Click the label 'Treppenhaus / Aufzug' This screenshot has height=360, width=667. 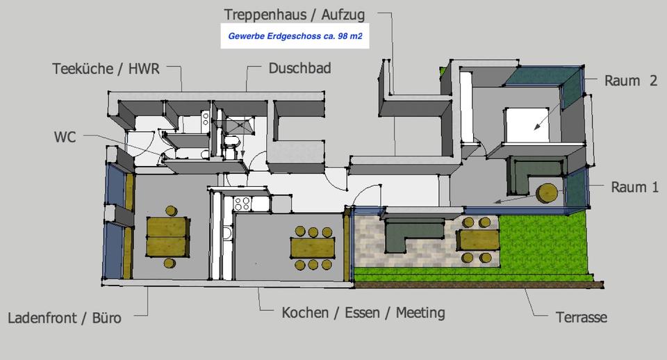(x=295, y=14)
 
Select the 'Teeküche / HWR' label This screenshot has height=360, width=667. (x=106, y=69)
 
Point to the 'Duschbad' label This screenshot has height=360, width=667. (x=299, y=68)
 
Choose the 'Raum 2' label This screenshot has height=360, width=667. (x=630, y=81)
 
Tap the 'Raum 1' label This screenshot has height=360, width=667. (x=634, y=187)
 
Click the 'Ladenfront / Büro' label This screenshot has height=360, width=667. (x=65, y=318)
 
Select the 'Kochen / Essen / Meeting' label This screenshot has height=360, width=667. (x=363, y=313)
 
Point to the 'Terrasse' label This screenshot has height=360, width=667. (x=581, y=318)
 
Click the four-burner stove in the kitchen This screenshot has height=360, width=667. (x=242, y=204)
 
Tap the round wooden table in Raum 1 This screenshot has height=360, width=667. (x=547, y=193)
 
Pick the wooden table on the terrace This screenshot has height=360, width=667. (x=479, y=240)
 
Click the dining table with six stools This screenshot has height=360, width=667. (x=312, y=248)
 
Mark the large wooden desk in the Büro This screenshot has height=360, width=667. (x=167, y=236)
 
